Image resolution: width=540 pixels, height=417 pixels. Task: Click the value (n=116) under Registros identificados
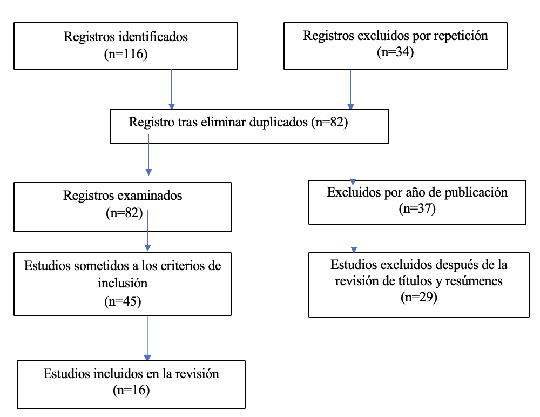tap(126, 54)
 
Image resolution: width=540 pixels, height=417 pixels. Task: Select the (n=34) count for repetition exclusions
tap(395, 52)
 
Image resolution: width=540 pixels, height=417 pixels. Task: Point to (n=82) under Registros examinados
tap(124, 213)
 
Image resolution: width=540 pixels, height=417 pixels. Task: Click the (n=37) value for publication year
tap(417, 208)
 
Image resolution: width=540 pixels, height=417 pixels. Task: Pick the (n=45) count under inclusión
tap(123, 301)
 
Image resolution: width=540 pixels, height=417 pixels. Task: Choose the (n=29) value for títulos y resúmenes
tap(419, 297)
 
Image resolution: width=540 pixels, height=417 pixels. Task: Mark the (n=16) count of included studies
tap(131, 390)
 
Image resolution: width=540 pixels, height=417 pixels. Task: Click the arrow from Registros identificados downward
tap(172, 89)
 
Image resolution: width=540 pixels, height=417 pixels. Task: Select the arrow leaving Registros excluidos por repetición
tap(350, 89)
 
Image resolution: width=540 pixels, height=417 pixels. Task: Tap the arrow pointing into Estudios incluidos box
tap(147, 338)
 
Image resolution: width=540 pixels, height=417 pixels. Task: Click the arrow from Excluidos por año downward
tap(354, 232)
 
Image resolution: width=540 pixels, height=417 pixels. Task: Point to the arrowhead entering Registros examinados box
tap(149, 172)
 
